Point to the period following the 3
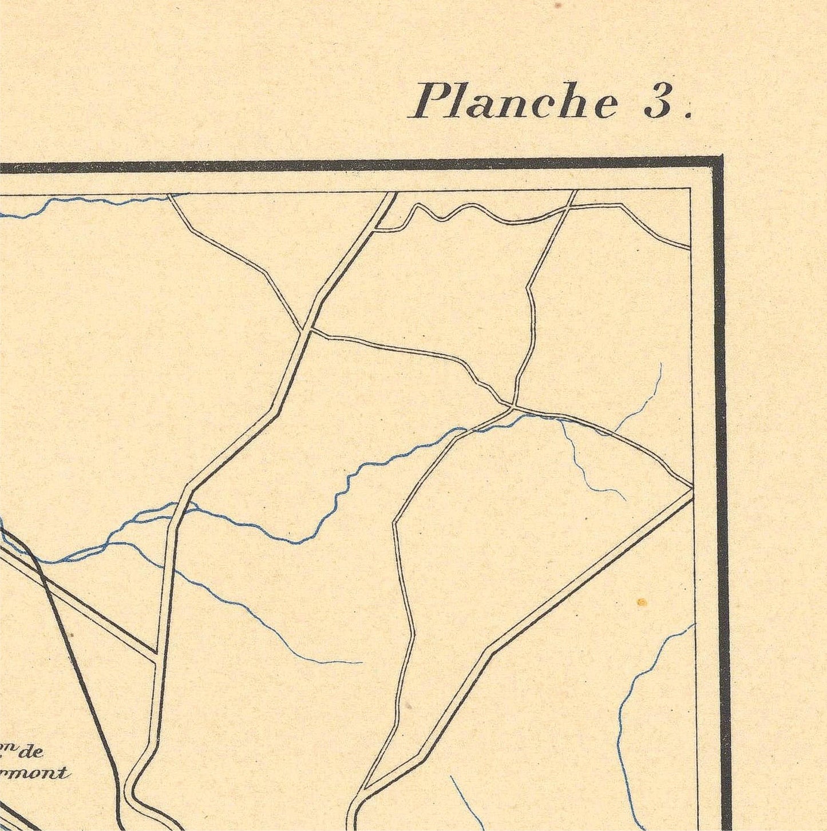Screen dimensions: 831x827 [688, 114]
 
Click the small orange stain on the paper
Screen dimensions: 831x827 [642, 602]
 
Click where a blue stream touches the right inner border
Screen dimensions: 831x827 [694, 625]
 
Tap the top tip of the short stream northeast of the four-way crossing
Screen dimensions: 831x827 [661, 364]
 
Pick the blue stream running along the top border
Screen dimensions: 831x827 [86, 201]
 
